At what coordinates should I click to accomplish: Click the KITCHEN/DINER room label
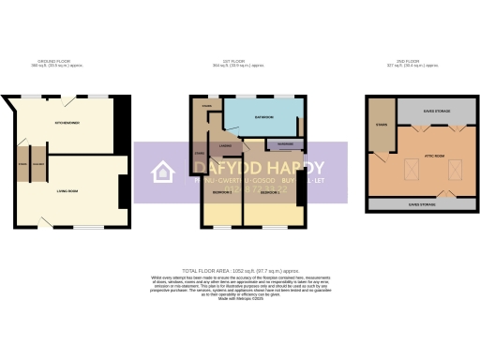click(x=67, y=124)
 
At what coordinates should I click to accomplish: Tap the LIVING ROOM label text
click(x=65, y=191)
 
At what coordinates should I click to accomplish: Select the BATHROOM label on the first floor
click(x=263, y=117)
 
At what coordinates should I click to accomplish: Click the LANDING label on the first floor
click(x=226, y=147)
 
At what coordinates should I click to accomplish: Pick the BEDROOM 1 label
click(x=270, y=191)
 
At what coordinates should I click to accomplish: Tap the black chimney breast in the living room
click(x=122, y=193)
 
